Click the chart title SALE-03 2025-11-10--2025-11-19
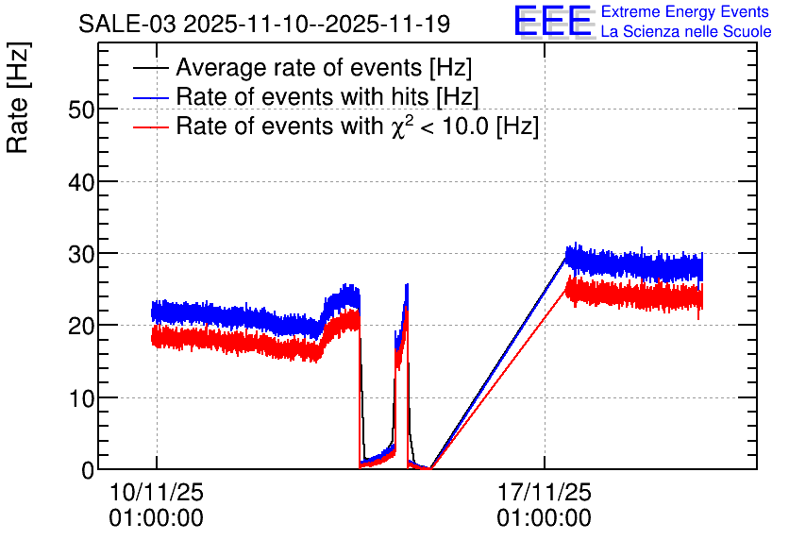point(264,24)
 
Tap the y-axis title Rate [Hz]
point(18,97)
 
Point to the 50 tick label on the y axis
point(81,110)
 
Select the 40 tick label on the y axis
point(81,181)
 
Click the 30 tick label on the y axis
point(81,254)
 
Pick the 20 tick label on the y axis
point(81,326)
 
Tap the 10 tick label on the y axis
point(81,398)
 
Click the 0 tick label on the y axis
point(88,470)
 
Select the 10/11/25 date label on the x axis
point(157,492)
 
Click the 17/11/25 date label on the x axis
point(545,492)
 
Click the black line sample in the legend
point(150,68)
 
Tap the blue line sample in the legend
point(150,97)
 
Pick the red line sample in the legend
point(150,127)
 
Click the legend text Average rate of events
point(299,68)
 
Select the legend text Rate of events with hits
point(302,97)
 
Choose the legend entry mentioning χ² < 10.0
point(358,126)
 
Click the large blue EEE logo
point(553,21)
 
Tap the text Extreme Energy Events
point(685,11)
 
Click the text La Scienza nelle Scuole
point(686,31)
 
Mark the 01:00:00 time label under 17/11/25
point(545,518)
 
